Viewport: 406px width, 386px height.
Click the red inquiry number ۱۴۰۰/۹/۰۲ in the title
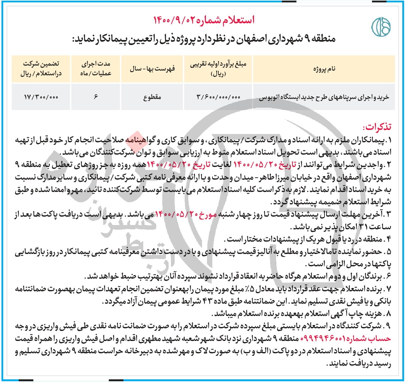(x=177, y=20)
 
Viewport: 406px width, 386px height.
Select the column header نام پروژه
(x=324, y=69)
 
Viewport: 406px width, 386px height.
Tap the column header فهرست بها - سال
(x=152, y=69)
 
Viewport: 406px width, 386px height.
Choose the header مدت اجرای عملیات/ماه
(x=95, y=69)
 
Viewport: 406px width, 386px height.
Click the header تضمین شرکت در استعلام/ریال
(x=41, y=69)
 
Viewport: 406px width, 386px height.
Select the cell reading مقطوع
(x=152, y=97)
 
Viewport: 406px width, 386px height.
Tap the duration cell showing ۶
(x=95, y=97)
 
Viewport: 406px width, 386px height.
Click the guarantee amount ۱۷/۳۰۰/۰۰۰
(x=41, y=97)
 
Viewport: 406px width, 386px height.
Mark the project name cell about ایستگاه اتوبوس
(x=324, y=97)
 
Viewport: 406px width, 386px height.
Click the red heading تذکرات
(x=377, y=127)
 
